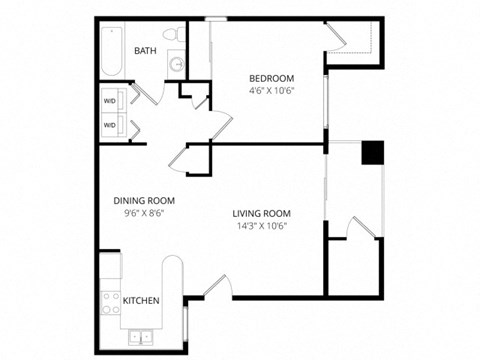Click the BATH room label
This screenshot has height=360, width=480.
(146, 51)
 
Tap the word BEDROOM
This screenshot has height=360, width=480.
(271, 78)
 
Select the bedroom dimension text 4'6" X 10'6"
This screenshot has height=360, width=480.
(271, 90)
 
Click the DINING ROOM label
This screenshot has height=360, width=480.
(138, 200)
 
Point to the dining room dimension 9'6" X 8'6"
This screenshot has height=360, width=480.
(138, 212)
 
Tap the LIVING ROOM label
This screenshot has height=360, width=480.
(262, 213)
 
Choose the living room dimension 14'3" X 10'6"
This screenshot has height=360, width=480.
(262, 225)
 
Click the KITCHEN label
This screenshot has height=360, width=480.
(141, 299)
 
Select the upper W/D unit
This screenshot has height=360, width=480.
(110, 101)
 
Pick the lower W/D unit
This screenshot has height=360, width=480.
(110, 125)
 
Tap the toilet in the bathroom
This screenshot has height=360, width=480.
(176, 38)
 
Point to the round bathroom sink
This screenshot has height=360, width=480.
(176, 65)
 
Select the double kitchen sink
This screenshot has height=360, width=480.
(141, 336)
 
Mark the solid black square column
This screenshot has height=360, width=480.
(372, 152)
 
